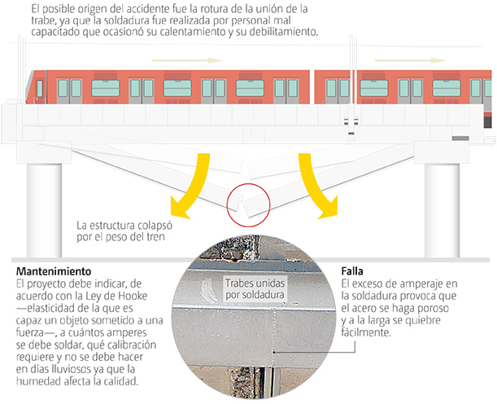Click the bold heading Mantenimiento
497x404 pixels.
pyautogui.click(x=54, y=271)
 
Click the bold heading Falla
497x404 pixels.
pyautogui.click(x=352, y=271)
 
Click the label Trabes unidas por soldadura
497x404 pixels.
pyautogui.click(x=255, y=289)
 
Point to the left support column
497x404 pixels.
pyautogui.click(x=44, y=210)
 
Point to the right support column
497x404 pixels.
pyautogui.click(x=442, y=210)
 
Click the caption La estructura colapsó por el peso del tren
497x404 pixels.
pyautogui.click(x=124, y=231)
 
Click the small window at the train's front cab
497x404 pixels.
pyautogui.click(x=40, y=89)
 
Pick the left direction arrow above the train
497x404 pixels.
pyautogui.click(x=187, y=60)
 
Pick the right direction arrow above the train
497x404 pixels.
pyautogui.click(x=410, y=60)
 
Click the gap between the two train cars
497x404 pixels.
pyautogui.click(x=312, y=87)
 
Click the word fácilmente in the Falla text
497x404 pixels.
pyautogui.click(x=366, y=332)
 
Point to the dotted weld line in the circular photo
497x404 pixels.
pyautogui.click(x=273, y=336)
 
